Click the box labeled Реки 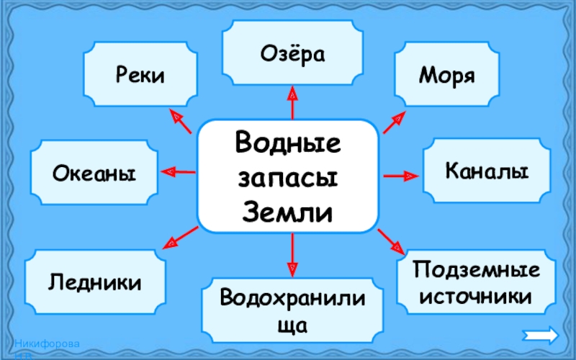[x=140, y=75]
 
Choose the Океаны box [x=94, y=173]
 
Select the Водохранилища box [x=292, y=310]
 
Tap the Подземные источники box [x=476, y=283]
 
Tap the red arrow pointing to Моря [x=395, y=122]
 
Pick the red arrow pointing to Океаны [x=178, y=171]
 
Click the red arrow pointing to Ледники [x=180, y=238]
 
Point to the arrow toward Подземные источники [x=392, y=241]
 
